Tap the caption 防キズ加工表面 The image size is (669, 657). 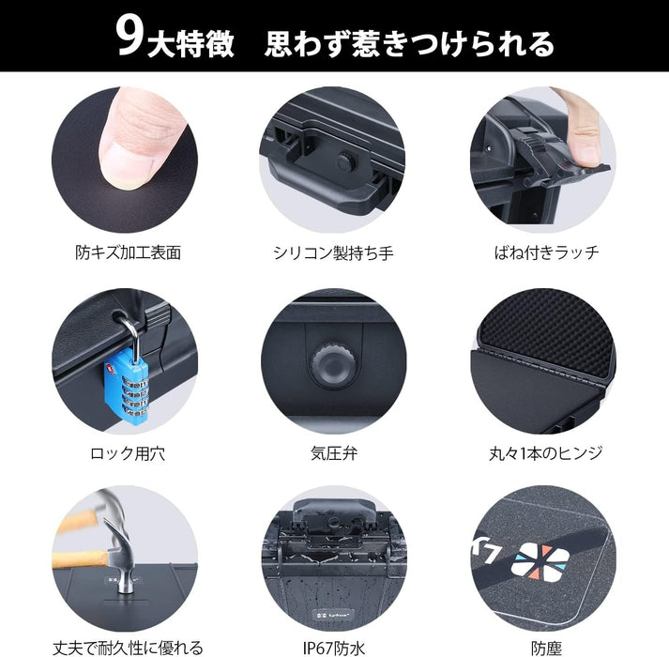128,252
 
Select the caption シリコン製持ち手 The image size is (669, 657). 333,252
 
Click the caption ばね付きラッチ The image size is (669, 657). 546,252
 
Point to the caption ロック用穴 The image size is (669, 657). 128,453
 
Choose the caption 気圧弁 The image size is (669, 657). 334,453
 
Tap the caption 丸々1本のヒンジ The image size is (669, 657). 546,453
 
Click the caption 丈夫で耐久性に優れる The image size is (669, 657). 128,648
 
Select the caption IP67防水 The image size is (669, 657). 334,648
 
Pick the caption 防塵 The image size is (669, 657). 546,648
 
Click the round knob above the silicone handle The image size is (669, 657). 344,160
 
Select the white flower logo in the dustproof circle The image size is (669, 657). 540,563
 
